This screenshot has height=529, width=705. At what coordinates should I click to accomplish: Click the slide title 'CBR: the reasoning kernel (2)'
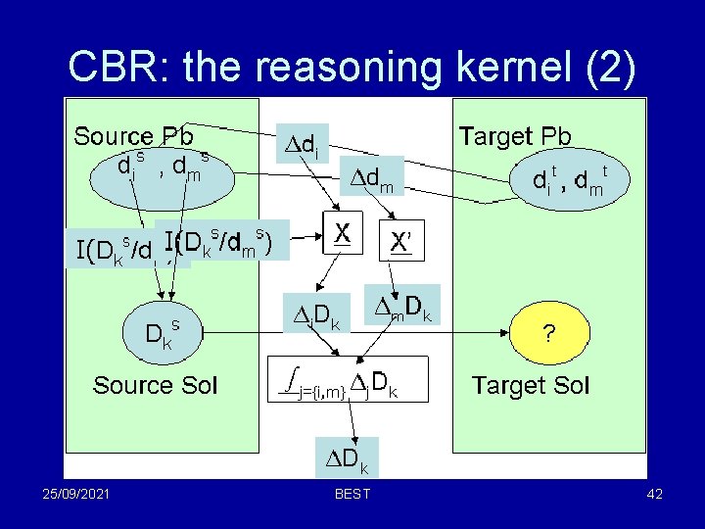point(352,67)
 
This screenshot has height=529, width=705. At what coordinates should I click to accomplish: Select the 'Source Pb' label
point(133,136)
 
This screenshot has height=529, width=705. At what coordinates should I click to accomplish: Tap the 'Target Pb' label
point(515,136)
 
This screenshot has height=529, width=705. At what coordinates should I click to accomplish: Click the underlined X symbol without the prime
point(343,233)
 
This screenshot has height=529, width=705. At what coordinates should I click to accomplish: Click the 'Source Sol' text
point(156,385)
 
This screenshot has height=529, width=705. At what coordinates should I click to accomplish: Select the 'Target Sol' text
point(530,385)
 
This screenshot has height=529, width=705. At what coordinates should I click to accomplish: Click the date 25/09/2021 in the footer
point(70,494)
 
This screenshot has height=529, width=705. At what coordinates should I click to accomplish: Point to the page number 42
point(655,494)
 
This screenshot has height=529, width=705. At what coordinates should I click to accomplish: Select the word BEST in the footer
point(352,494)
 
